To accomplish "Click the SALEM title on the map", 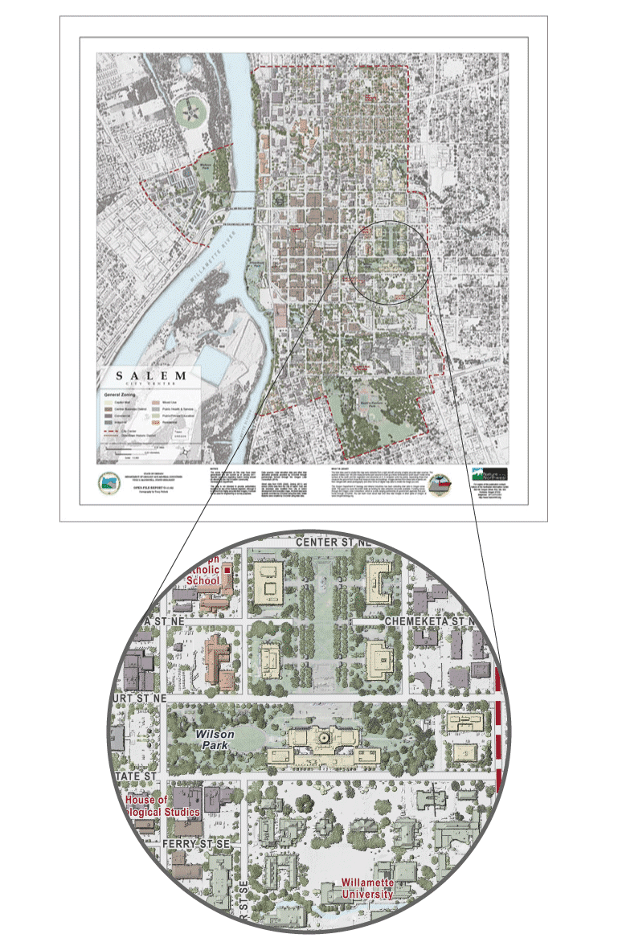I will pos(151,376).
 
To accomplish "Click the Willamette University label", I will pos(366,887).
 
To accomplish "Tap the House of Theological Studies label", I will pos(162,806).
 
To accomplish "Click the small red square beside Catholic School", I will pos(227,569).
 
